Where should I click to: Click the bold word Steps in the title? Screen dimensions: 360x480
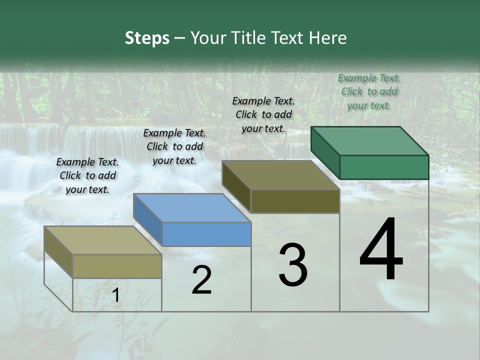click(x=147, y=38)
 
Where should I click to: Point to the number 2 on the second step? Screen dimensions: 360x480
click(x=201, y=280)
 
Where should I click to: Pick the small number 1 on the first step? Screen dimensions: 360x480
click(x=115, y=295)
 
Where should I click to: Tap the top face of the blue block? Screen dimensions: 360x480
click(x=192, y=208)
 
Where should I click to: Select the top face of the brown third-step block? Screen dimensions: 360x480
click(x=280, y=175)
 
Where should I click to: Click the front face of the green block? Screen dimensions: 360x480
click(x=384, y=167)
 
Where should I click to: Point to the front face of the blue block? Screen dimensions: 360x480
click(x=206, y=234)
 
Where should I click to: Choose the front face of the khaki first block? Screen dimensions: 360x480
click(x=117, y=266)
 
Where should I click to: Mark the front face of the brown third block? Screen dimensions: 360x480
click(x=295, y=201)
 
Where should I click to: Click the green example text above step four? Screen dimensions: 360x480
click(x=369, y=91)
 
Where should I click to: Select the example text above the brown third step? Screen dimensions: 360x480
click(x=263, y=114)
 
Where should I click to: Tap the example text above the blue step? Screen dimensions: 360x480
click(x=174, y=146)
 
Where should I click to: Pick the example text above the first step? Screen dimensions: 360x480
click(x=87, y=175)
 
